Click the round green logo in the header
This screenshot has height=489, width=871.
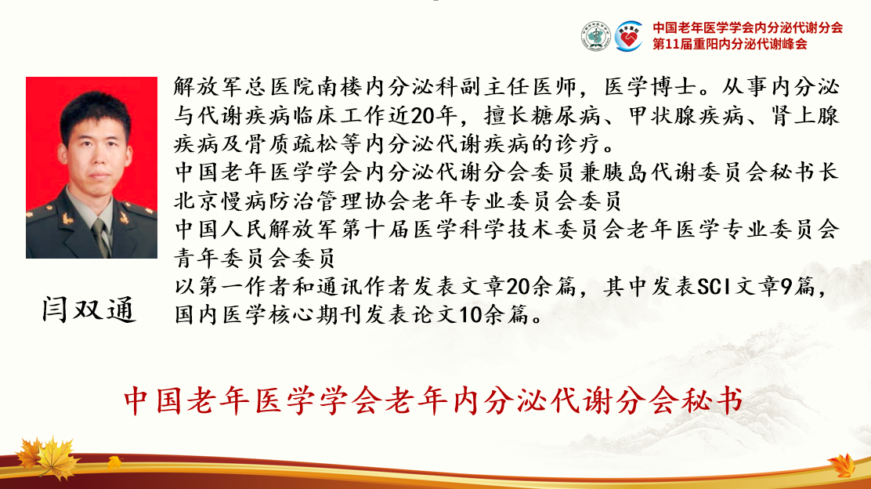[596, 37]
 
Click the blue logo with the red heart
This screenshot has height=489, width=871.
[629, 37]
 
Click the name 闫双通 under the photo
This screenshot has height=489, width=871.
[89, 310]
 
